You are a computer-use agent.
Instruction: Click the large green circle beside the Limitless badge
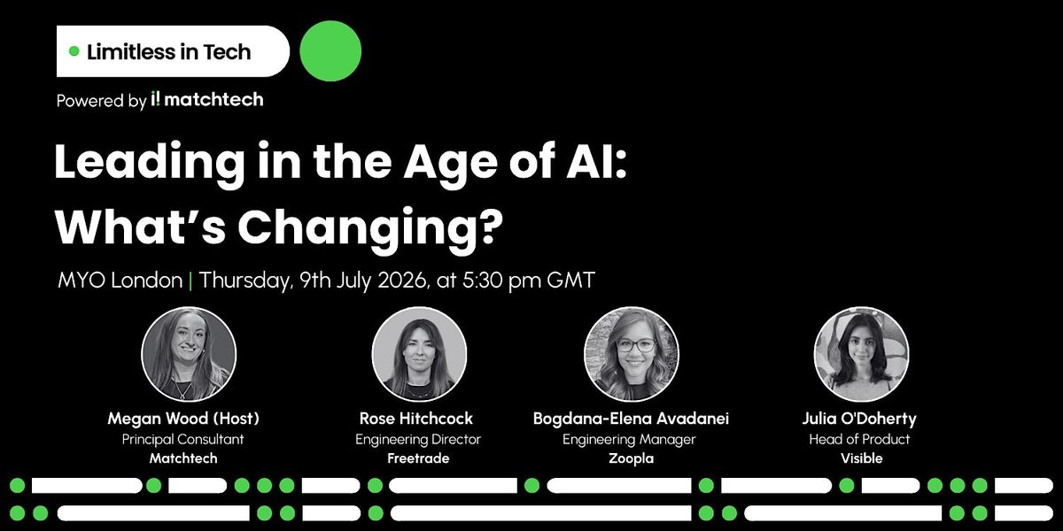pos(330,50)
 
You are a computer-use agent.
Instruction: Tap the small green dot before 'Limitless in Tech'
pos(74,50)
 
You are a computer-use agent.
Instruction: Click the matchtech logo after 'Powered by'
pos(207,99)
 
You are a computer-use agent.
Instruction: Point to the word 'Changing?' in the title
pos(370,227)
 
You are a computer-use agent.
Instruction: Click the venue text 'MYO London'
pos(120,280)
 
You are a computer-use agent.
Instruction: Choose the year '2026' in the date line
pos(401,280)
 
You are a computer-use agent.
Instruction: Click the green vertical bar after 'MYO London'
pos(190,281)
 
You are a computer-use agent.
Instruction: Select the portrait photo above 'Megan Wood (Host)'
pos(189,354)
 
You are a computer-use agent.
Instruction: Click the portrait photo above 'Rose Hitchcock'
pos(419,354)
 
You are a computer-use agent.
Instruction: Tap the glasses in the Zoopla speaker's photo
pos(636,344)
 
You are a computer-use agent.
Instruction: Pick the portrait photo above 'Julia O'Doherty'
pos(861,354)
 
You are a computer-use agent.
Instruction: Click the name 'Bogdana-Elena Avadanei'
pos(631,418)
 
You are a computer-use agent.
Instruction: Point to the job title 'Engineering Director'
pos(418,440)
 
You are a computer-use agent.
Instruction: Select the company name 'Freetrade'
pos(418,458)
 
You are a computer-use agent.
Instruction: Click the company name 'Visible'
pos(861,458)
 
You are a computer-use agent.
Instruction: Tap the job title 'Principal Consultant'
pos(182,440)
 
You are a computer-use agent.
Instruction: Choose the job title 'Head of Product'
pos(859,440)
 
